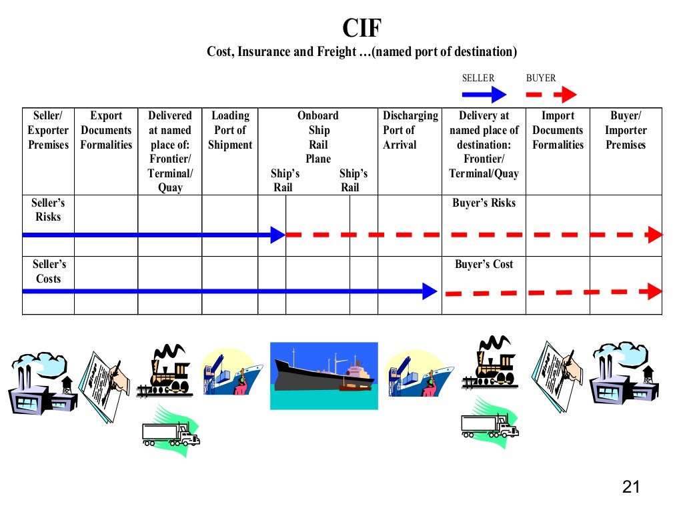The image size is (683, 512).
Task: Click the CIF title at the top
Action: [x=362, y=29]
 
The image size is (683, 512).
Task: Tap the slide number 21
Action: [x=630, y=487]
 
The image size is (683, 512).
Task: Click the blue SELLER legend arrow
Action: [x=484, y=94]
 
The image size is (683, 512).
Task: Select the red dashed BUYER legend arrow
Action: [x=552, y=94]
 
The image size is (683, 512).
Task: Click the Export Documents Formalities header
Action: [x=106, y=130]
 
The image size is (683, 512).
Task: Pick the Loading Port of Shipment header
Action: [x=230, y=130]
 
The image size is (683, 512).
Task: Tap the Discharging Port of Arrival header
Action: [x=410, y=130]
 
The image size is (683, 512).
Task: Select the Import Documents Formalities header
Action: [x=558, y=130]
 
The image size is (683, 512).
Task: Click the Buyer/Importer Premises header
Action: [x=626, y=130]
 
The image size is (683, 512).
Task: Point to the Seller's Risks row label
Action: [x=48, y=209]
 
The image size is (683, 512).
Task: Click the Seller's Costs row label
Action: [x=48, y=271]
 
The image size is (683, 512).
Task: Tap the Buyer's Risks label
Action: [x=484, y=203]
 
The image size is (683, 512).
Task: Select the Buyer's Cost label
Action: [x=484, y=265]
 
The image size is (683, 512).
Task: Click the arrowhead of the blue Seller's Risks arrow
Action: [x=278, y=235]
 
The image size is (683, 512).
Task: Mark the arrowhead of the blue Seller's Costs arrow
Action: [x=430, y=291]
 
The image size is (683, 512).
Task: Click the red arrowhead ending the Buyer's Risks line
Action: [x=655, y=235]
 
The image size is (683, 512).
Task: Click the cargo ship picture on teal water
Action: [x=323, y=375]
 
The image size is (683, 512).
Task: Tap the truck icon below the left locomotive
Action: [x=171, y=434]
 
